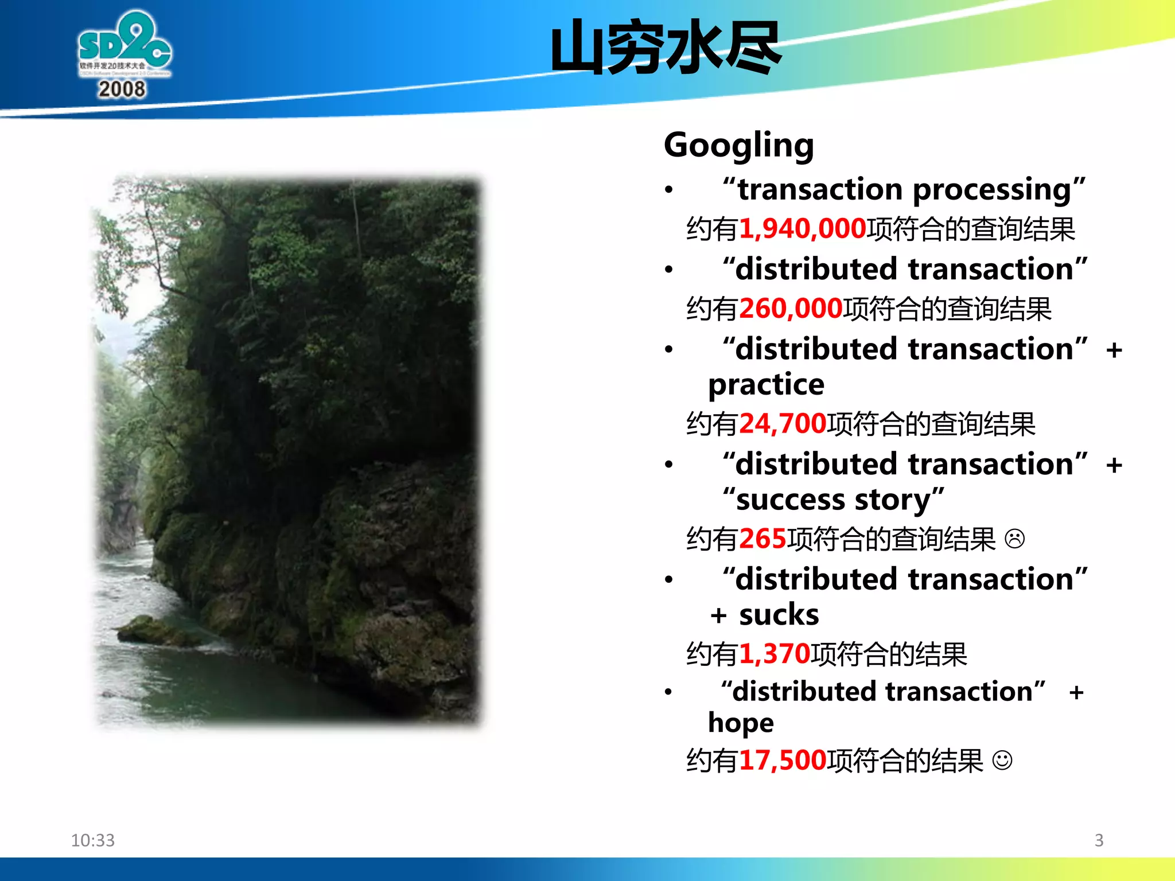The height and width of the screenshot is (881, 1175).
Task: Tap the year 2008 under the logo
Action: [x=122, y=89]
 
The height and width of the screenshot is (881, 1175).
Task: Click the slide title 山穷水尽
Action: [x=666, y=48]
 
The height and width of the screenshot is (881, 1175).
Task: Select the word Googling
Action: [x=739, y=145]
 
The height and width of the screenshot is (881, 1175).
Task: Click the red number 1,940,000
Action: [x=802, y=229]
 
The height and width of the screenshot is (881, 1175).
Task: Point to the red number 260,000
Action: [x=791, y=309]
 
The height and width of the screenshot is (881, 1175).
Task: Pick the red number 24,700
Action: [x=783, y=424]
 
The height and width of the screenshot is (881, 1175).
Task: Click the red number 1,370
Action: [x=775, y=654]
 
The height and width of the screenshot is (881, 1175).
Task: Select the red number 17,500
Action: [x=783, y=761]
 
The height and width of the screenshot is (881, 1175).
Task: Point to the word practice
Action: [x=766, y=384]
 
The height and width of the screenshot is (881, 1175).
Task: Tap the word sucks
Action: [x=779, y=615]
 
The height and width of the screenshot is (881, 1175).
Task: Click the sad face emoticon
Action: [x=1014, y=539]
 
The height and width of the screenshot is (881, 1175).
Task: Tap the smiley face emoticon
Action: [x=1002, y=761]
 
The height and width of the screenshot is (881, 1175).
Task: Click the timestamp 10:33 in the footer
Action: [x=93, y=840]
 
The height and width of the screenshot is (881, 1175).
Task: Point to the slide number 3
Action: [x=1099, y=840]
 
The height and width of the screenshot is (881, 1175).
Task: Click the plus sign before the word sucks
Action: [x=718, y=616]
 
